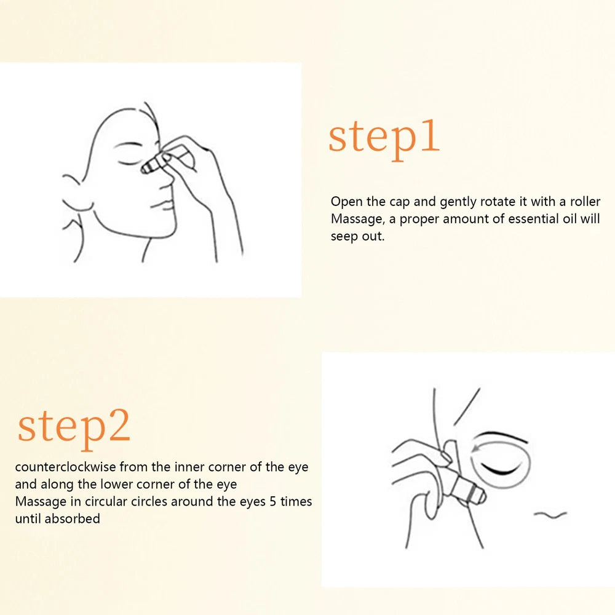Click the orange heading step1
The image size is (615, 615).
coord(384,137)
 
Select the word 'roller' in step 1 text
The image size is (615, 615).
coord(584,202)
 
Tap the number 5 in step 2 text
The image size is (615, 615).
coord(273,501)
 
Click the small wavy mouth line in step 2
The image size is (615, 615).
coord(550,514)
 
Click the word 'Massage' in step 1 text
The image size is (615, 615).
coord(356,219)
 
